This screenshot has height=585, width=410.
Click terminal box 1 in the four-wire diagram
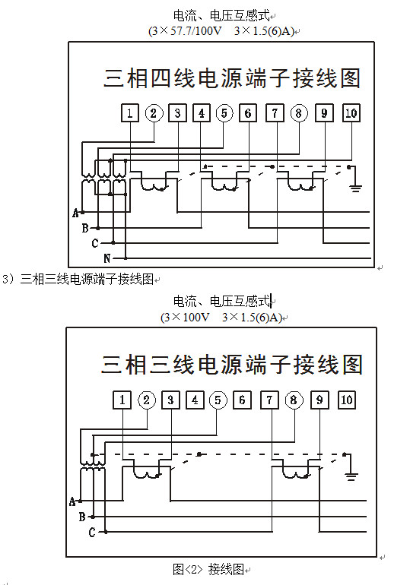(x=129, y=113)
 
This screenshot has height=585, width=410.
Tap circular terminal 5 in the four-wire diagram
(x=224, y=113)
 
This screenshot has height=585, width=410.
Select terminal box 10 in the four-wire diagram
(x=351, y=113)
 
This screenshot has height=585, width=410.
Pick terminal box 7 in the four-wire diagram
(x=275, y=113)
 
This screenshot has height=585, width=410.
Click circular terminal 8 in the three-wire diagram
(x=294, y=400)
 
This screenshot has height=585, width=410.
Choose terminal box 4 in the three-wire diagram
(x=195, y=400)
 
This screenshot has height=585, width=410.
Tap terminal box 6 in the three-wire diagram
(x=242, y=400)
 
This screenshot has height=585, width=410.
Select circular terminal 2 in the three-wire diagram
(x=147, y=400)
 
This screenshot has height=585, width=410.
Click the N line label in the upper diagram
(x=107, y=258)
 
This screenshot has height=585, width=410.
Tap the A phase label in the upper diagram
(x=76, y=213)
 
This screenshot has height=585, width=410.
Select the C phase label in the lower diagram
(x=92, y=532)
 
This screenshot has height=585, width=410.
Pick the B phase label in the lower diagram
(x=82, y=517)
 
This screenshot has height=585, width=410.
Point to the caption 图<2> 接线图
(x=208, y=569)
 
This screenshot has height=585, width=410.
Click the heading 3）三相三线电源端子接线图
(x=78, y=279)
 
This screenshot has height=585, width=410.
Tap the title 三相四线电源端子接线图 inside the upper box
(x=231, y=78)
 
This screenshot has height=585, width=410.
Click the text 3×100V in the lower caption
(x=186, y=317)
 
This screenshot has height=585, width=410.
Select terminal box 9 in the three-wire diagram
(x=319, y=400)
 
